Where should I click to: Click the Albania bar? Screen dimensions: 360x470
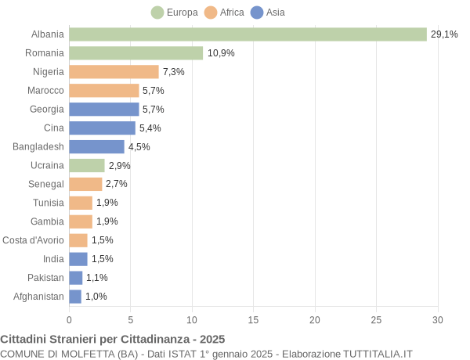[248, 34]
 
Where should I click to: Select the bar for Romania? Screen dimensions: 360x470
[136, 53]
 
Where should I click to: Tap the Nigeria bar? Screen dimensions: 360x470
[114, 72]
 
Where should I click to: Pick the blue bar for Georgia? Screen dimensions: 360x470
[103, 110]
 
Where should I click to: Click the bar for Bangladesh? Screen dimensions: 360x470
[96, 146]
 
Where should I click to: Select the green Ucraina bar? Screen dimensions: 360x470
[86, 165]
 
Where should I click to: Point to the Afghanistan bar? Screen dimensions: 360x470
[75, 297]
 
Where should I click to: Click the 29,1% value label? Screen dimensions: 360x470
[444, 34]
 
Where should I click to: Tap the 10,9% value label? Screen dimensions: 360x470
[220, 53]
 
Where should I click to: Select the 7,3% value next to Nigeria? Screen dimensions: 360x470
[174, 72]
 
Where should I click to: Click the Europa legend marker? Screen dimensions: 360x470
[157, 13]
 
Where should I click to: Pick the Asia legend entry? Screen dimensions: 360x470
[268, 13]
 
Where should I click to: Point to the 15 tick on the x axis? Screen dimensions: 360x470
[253, 319]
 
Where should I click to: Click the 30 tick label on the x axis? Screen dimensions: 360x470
[437, 319]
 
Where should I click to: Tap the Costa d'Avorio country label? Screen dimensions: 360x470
[33, 240]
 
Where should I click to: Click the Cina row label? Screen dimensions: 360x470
[54, 128]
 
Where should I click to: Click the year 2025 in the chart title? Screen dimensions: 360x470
[211, 339]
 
